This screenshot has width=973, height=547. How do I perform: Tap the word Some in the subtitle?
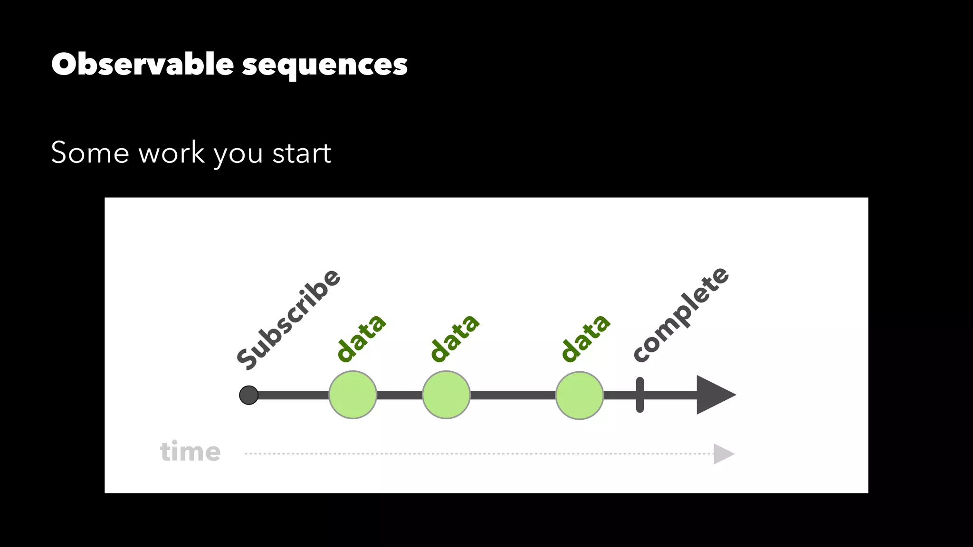coord(90,153)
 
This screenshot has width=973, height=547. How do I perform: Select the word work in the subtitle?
coord(172,153)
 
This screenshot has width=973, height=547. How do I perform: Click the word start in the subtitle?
coord(302,153)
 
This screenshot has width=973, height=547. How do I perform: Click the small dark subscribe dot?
coord(248,395)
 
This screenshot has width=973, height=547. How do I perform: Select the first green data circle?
coord(353,395)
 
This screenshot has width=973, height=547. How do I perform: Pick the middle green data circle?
coord(446,395)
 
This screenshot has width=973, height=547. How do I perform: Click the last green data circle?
coord(579,395)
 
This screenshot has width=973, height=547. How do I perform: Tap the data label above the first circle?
coord(361,338)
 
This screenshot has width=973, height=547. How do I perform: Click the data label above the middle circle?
coord(455,338)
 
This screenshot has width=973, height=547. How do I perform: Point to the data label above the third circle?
coord(585,338)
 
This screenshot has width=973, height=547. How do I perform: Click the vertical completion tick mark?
coord(640,395)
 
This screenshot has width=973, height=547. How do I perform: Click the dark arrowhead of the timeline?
coord(713,395)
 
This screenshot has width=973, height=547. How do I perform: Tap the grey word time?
coord(190,452)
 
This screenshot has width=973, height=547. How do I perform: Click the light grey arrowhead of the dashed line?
coord(723,454)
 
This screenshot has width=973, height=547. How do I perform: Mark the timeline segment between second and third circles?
coord(513,395)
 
